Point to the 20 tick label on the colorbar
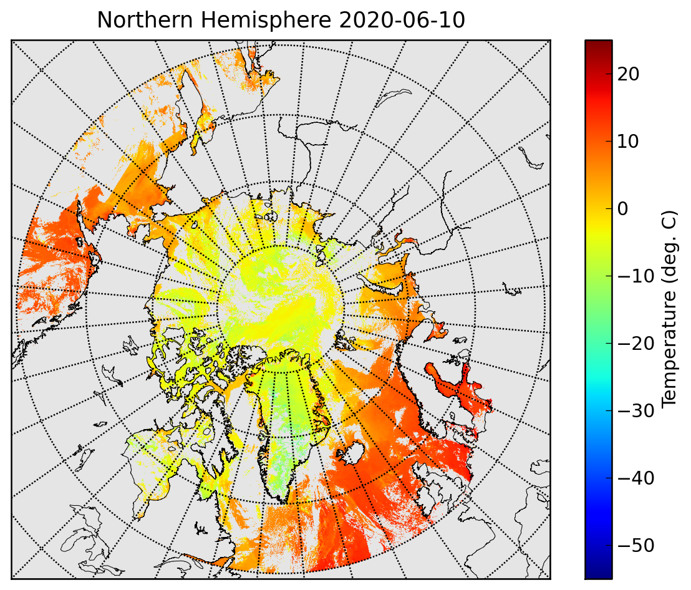click(x=629, y=74)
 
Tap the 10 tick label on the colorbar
click(x=629, y=142)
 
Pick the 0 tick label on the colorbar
click(x=622, y=209)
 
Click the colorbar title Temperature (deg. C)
click(x=669, y=309)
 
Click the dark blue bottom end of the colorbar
click(x=599, y=574)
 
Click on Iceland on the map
click(x=351, y=452)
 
